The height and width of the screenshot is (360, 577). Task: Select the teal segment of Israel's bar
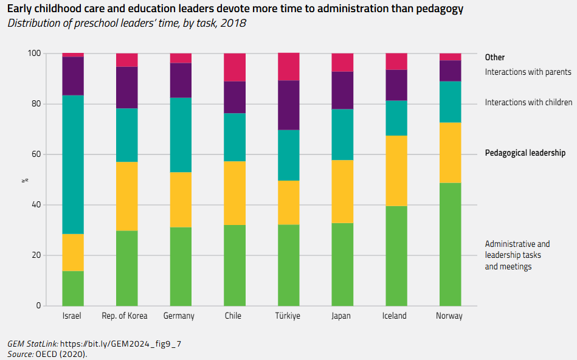tap(73, 164)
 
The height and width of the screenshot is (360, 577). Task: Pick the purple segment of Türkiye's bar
tap(288, 105)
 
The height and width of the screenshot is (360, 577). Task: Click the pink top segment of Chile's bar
tap(234, 67)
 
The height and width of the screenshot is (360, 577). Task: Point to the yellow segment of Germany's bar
tap(181, 199)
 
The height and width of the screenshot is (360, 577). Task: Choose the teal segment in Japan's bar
tap(342, 134)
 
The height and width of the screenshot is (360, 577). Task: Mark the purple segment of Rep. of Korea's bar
tap(126, 87)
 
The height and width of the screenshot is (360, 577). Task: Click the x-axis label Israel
tap(72, 316)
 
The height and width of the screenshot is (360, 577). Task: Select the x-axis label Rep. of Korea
tap(125, 316)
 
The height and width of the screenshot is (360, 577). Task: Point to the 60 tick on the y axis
tap(35, 154)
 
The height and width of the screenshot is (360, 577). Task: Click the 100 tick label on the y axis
tap(33, 54)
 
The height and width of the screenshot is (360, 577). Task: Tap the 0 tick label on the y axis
tap(38, 305)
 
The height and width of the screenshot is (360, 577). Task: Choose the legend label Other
tap(494, 57)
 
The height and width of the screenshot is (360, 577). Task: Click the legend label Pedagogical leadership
tap(525, 153)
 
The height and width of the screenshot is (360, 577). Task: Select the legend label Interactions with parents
tap(528, 72)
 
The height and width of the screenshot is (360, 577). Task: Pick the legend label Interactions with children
tap(528, 102)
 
